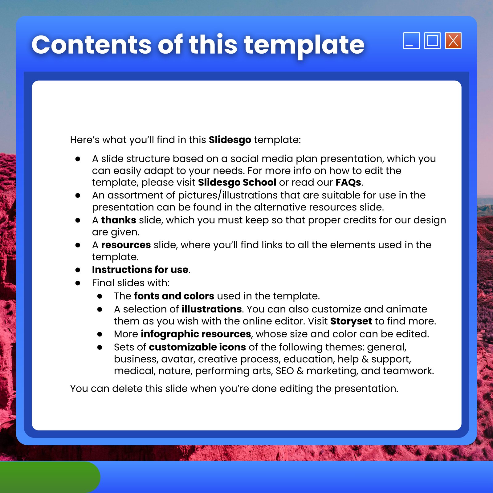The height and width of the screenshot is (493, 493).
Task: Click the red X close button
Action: (453, 41)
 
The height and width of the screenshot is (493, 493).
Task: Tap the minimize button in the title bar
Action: (412, 41)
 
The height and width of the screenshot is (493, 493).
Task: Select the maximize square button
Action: (432, 41)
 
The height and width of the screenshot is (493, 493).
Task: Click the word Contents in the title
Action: (92, 45)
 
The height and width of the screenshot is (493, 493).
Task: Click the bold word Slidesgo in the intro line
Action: (230, 140)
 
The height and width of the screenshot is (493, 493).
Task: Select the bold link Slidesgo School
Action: (237, 182)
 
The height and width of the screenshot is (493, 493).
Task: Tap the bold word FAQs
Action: (348, 182)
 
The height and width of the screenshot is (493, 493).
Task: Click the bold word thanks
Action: (119, 220)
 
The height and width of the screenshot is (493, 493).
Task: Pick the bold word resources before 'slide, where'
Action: (126, 245)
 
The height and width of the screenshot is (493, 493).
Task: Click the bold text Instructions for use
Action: (140, 270)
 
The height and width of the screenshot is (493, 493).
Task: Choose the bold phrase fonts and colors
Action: (174, 296)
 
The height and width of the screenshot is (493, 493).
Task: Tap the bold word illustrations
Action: (212, 309)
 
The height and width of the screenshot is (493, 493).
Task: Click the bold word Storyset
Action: (351, 321)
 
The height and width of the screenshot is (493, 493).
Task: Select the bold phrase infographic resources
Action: (196, 334)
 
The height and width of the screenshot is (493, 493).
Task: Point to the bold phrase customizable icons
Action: (197, 347)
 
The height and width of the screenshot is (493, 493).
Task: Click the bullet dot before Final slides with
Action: (78, 283)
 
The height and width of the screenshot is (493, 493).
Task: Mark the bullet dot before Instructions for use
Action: (78, 270)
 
